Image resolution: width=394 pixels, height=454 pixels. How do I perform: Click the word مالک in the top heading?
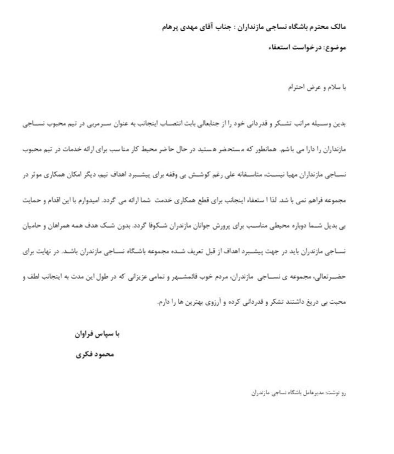[338, 27]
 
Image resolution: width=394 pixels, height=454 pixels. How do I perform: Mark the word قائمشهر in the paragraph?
[185, 277]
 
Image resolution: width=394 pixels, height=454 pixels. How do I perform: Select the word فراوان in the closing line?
[83, 334]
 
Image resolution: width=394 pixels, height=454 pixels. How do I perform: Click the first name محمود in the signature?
[103, 354]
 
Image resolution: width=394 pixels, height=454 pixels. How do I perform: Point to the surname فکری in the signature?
[84, 354]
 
